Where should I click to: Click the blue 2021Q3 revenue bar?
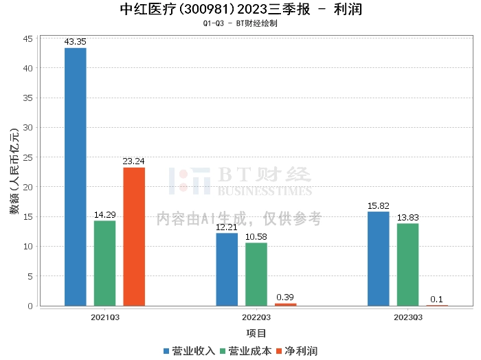click(76, 177)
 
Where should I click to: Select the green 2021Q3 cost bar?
click(104, 263)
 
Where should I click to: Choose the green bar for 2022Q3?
click(256, 274)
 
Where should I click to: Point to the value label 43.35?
click(76, 42)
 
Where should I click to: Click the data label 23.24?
click(134, 161)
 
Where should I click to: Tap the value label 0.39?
click(285, 297)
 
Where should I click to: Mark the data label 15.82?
click(379, 205)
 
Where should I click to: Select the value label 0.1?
click(436, 300)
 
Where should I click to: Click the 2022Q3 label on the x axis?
click(256, 317)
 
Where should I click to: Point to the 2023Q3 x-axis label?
click(407, 317)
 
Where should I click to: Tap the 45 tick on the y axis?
click(28, 38)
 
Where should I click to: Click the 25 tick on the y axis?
click(28, 157)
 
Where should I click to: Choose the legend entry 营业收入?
click(189, 351)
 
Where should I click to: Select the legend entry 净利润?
click(297, 351)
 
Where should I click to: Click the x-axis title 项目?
click(256, 333)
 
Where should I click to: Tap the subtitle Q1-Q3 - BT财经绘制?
click(240, 23)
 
